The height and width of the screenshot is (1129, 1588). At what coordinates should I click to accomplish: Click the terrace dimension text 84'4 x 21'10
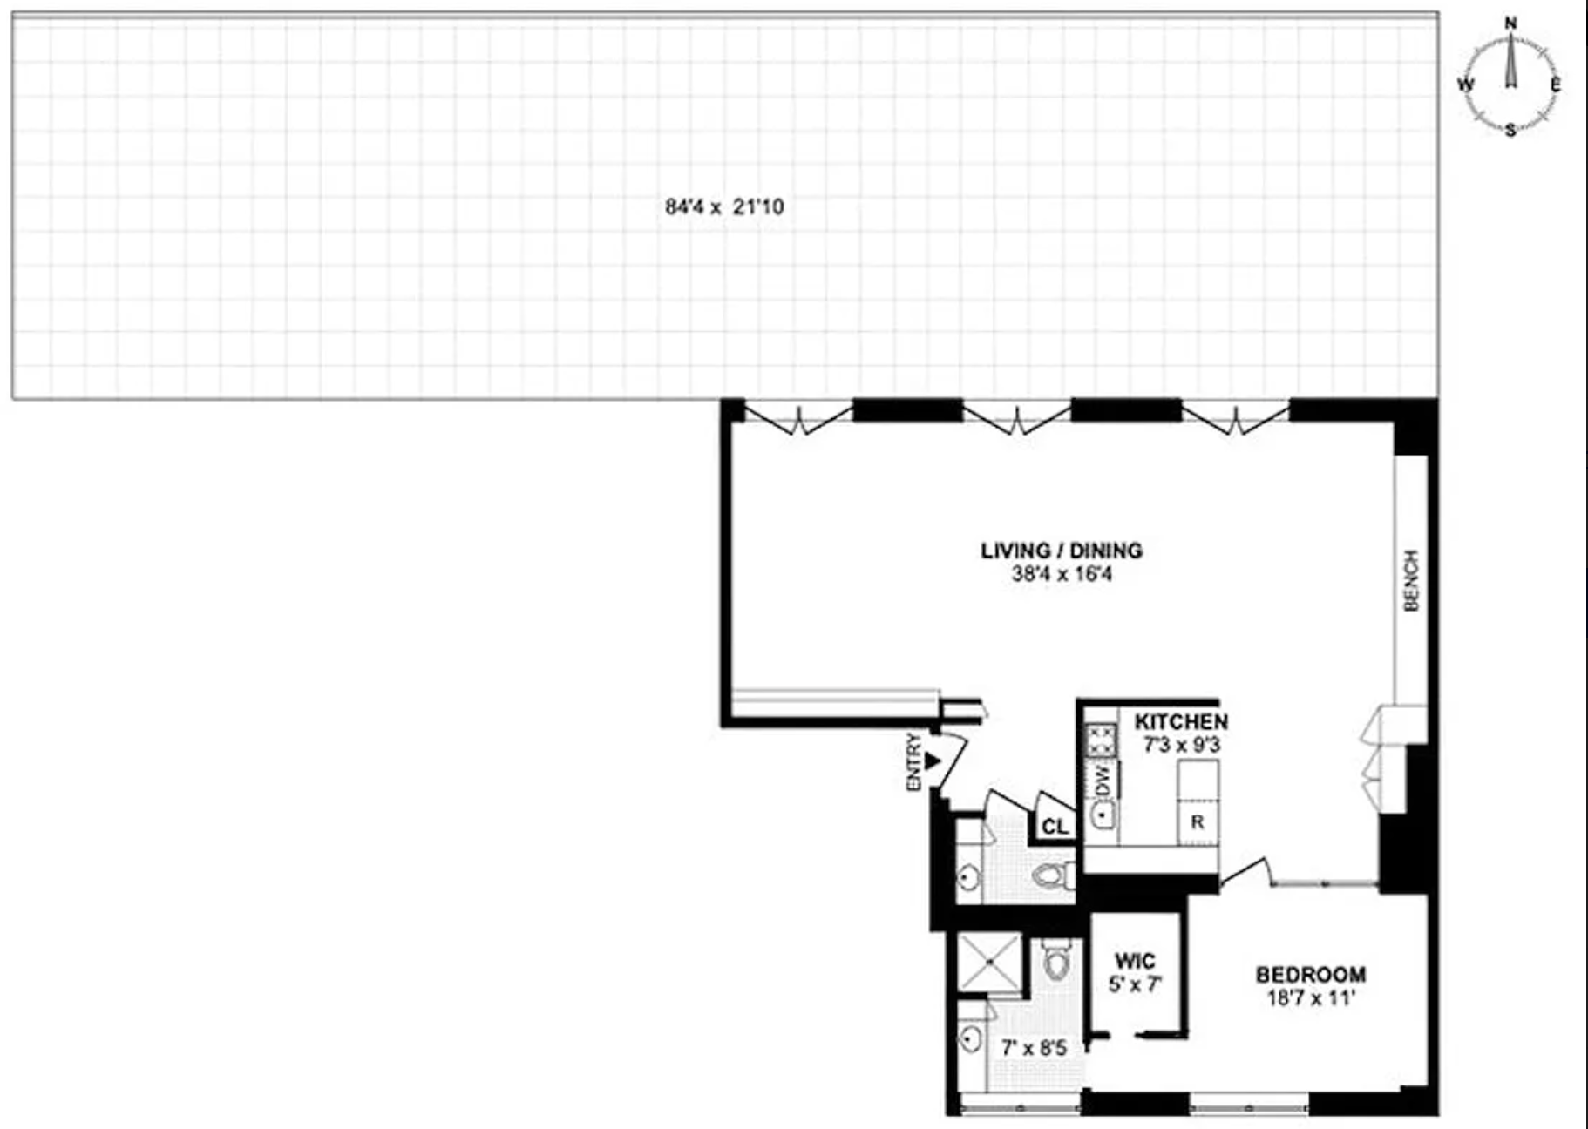pos(724,207)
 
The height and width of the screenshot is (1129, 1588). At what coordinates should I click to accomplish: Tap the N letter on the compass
pos(1511,24)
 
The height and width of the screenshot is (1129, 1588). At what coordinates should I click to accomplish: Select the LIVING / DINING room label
pos(1062,551)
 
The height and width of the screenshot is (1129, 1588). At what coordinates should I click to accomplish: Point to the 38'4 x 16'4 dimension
pos(1062,574)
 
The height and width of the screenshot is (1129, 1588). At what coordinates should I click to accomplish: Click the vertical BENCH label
pos(1411,580)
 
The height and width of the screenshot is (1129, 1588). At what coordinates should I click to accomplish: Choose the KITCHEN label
pos(1181,721)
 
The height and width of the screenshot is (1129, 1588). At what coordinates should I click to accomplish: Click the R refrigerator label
pos(1198,821)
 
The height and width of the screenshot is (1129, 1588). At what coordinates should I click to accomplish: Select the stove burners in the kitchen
pos(1101,740)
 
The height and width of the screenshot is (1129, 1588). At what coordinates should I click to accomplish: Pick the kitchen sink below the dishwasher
pos(1103,816)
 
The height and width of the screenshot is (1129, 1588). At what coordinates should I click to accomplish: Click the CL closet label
pos(1055,826)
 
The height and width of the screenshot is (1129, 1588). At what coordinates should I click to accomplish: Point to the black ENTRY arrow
pos(933,761)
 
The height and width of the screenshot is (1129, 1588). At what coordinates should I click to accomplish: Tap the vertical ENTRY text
pos(913,762)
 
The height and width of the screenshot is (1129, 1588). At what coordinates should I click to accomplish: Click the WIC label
pos(1135,962)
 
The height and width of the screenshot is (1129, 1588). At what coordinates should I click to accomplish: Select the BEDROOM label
pos(1310,975)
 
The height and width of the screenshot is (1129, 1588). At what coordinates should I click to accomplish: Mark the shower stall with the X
pos(990,962)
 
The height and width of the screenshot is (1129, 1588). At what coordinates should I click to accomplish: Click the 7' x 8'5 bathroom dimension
pos(1034,1048)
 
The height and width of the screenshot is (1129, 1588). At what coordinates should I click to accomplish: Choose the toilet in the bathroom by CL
pos(1052,875)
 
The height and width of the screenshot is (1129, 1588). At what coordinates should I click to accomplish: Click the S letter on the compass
pos(1510,131)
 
